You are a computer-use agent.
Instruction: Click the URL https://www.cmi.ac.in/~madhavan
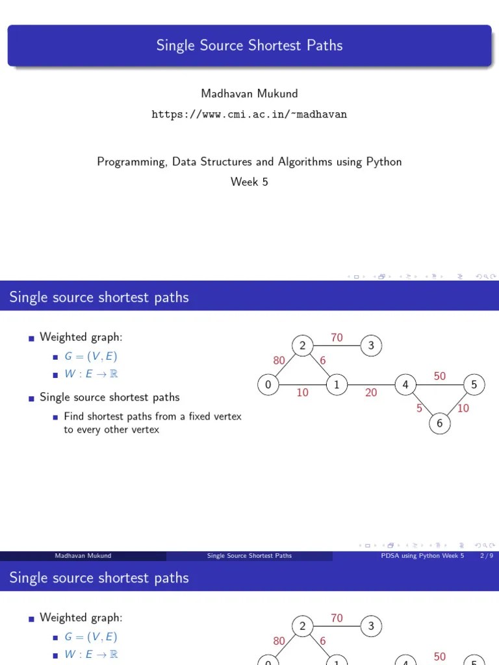tap(249, 114)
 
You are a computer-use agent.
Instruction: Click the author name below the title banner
tap(249, 94)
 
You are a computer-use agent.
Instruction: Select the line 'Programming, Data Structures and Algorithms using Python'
tap(249, 162)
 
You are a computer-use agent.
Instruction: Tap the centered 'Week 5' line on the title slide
tap(249, 182)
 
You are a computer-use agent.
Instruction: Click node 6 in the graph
tap(440, 423)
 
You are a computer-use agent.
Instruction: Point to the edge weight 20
tap(371, 393)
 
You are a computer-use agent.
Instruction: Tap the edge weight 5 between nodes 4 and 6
tap(420, 408)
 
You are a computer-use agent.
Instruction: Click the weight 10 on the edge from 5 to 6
tap(463, 408)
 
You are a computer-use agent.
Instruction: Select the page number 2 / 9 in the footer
tap(486, 556)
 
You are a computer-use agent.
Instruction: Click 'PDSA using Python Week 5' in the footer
tap(422, 556)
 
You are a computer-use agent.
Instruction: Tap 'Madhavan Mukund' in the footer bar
tap(83, 556)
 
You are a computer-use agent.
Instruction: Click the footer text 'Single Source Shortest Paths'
tap(249, 556)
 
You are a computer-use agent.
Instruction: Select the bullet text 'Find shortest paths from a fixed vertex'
tap(153, 416)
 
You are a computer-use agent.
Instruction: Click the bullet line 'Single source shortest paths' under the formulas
tap(110, 397)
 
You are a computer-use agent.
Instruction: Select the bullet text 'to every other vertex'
tap(111, 429)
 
